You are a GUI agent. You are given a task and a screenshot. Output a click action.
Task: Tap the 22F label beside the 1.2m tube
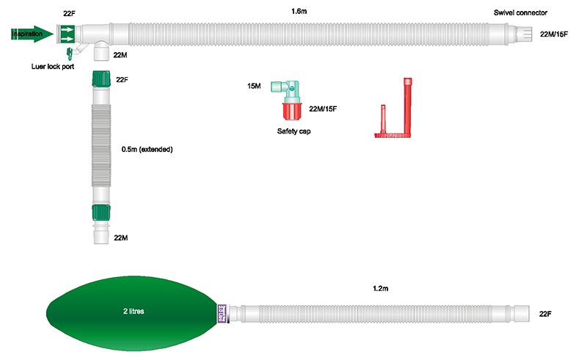545,313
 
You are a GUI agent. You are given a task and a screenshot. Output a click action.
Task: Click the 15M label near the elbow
254,87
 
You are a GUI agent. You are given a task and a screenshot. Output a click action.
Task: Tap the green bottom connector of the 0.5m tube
100,214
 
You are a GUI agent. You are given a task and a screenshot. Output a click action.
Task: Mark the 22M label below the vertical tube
122,238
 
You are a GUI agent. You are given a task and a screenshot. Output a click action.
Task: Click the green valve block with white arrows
67,34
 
